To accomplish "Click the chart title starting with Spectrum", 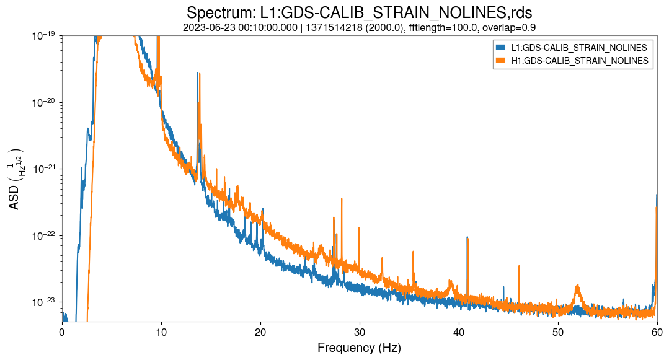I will click(x=359, y=12).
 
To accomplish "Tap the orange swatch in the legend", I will click(x=500, y=60).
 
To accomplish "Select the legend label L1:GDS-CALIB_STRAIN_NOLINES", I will click(x=579, y=48).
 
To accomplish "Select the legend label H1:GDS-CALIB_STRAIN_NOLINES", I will click(x=579, y=60).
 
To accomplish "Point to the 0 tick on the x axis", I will click(x=62, y=331).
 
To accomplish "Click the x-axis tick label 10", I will click(x=161, y=331).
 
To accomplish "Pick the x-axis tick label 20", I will click(x=260, y=331).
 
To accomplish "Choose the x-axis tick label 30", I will click(x=360, y=331).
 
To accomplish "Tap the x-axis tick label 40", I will click(x=459, y=331).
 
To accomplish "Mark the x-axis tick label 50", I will click(x=558, y=331).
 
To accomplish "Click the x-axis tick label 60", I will click(x=657, y=331).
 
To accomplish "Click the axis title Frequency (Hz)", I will click(x=359, y=348).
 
